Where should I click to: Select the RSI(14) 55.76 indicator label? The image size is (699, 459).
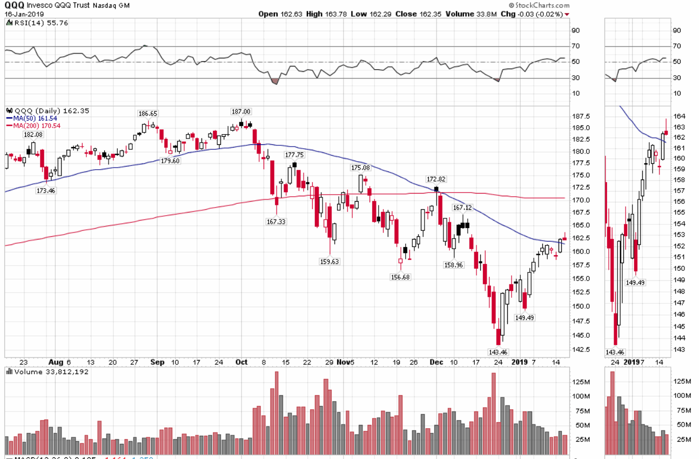click(33, 23)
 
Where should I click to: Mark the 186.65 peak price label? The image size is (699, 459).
click(148, 114)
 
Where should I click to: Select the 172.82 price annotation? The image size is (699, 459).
click(436, 179)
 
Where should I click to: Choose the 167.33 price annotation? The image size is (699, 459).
click(276, 222)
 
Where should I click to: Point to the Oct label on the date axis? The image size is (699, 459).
click(241, 362)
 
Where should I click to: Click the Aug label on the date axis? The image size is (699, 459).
click(56, 362)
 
